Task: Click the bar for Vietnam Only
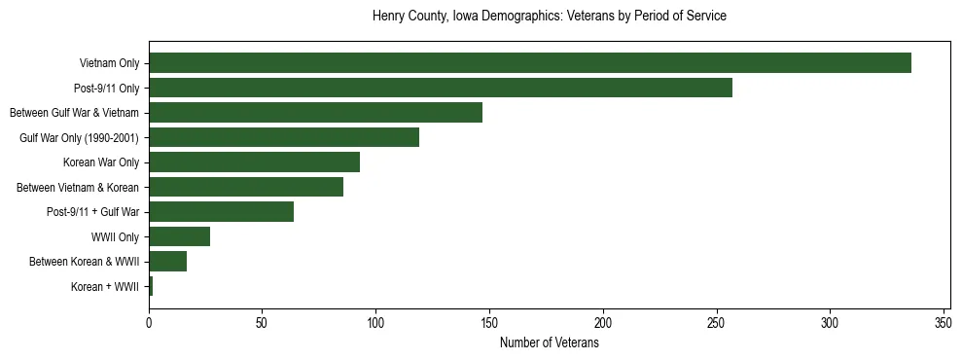click(530, 63)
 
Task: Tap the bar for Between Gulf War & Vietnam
click(315, 113)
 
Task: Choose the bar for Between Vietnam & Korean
click(246, 187)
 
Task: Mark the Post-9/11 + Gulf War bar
click(221, 212)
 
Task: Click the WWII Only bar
click(179, 236)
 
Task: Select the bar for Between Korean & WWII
click(167, 262)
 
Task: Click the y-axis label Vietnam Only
click(109, 64)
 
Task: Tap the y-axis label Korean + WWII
click(105, 287)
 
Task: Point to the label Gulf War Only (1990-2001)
click(80, 138)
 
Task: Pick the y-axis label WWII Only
click(115, 237)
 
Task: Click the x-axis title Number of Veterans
click(549, 342)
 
